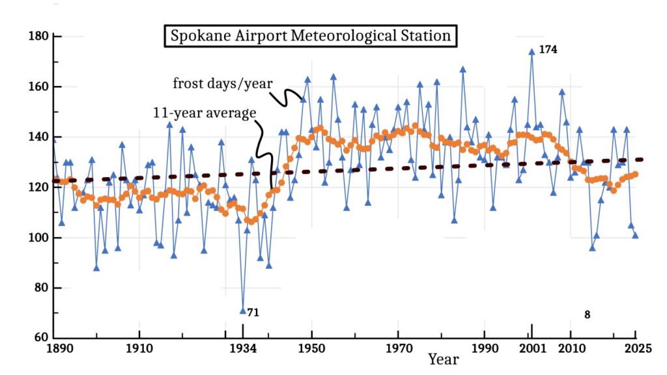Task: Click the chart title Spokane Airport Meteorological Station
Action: point(311,36)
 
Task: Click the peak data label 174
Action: point(548,49)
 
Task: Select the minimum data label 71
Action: point(253,313)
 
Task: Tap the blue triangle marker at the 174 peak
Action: point(532,51)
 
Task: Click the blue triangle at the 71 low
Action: point(243,311)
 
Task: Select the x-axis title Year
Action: point(443,359)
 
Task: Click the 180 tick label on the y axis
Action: point(40,36)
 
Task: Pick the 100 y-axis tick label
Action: point(40,238)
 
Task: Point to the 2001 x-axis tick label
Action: point(532,349)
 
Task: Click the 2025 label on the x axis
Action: point(634,349)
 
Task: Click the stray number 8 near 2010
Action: point(587,315)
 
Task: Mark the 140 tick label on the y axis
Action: point(40,137)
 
